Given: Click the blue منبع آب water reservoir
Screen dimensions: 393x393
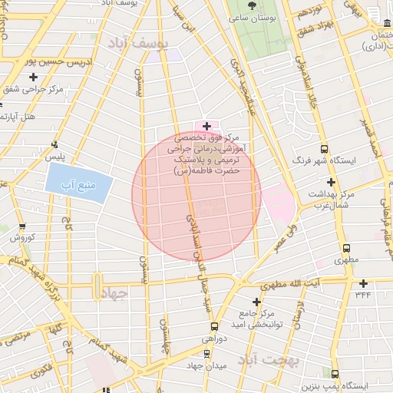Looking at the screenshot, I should click(x=79, y=184).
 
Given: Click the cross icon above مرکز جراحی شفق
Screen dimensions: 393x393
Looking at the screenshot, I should click(x=33, y=77).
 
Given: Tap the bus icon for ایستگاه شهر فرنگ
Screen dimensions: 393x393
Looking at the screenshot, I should click(x=325, y=148).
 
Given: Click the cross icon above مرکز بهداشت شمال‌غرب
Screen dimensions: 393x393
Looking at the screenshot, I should click(x=331, y=182).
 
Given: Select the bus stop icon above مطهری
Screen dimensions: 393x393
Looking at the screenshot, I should click(x=347, y=248).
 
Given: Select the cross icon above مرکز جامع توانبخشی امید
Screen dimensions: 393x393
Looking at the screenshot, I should click(x=256, y=300).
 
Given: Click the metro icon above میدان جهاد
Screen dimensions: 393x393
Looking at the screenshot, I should click(x=207, y=354).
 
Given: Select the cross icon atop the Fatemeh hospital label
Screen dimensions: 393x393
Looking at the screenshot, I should click(x=206, y=124).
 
